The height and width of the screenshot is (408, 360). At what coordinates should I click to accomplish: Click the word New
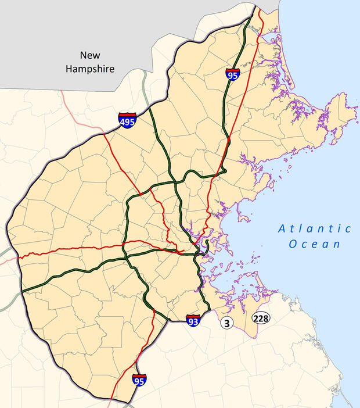point(91,56)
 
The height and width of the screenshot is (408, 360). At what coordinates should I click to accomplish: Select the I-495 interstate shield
point(128,120)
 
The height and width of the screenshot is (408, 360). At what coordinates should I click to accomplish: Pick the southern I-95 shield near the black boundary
point(139,381)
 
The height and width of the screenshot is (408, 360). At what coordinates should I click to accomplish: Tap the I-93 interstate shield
point(193,320)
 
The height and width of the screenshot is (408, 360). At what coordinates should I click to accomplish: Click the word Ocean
point(315,244)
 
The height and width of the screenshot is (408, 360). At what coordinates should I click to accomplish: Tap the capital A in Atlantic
point(282,229)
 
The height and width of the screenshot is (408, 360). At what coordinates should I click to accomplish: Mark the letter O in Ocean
point(293,244)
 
